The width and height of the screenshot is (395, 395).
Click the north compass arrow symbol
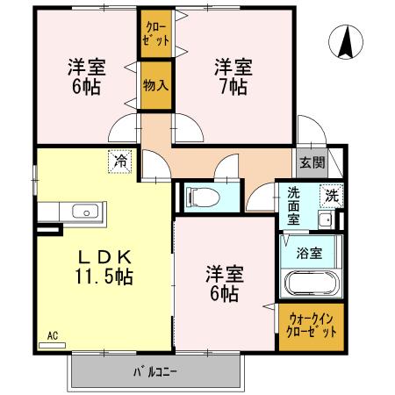click(x=347, y=39)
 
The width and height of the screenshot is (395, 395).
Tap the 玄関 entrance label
click(x=312, y=162)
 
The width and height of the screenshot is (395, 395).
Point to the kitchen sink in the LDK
click(x=85, y=212)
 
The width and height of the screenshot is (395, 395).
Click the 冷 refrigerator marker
click(x=118, y=162)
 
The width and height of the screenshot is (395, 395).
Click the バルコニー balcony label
click(x=156, y=370)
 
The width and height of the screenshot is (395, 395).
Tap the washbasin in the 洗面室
click(x=324, y=219)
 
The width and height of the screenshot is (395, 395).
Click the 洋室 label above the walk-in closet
click(x=223, y=273)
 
